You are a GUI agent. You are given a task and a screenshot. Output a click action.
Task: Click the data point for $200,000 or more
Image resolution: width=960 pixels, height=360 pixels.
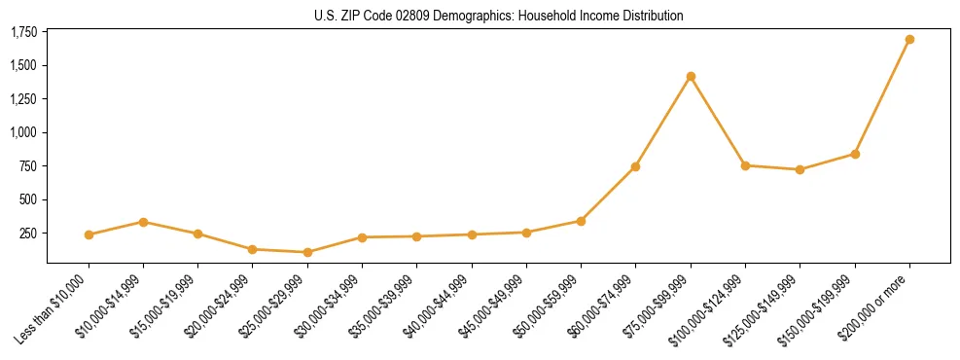tap(909, 40)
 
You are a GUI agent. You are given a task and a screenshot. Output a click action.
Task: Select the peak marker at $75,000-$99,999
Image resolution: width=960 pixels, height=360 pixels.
tap(691, 76)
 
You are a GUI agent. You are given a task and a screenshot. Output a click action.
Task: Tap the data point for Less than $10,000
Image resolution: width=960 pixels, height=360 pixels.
tap(89, 234)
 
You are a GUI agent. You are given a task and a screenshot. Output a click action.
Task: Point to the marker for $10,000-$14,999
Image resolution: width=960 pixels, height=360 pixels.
tap(143, 222)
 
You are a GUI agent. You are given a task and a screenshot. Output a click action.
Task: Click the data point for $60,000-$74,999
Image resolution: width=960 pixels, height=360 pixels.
tap(635, 166)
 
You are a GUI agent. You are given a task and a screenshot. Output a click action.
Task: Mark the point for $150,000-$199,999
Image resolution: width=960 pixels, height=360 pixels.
tap(855, 154)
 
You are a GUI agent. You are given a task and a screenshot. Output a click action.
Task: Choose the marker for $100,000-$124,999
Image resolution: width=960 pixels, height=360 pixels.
tap(745, 165)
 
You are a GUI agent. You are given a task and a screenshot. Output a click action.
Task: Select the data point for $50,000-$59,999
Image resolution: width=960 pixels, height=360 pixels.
tap(581, 221)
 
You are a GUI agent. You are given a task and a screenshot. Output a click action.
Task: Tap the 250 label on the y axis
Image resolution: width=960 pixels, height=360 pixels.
tap(28, 234)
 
